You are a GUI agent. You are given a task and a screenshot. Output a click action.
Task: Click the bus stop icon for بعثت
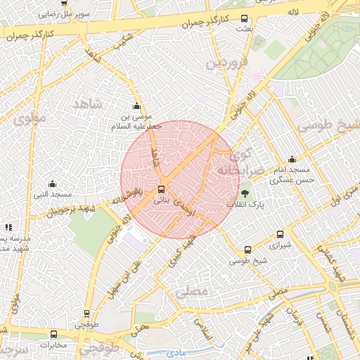tap(244, 19)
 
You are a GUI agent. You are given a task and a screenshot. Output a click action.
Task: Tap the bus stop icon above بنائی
tap(162, 189)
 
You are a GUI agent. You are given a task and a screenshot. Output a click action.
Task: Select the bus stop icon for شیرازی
tap(281, 235)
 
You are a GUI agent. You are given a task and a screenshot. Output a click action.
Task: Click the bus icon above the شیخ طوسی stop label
tap(247, 250)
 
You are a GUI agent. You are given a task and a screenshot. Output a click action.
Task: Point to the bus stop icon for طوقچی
tap(87, 314)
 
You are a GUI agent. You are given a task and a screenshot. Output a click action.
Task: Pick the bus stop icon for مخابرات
tap(53, 334)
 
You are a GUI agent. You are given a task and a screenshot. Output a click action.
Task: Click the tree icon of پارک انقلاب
tap(245, 193)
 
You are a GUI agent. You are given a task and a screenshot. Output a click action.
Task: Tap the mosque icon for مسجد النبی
tap(51, 184)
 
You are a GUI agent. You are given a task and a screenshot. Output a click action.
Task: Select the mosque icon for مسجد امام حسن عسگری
tap(292, 160)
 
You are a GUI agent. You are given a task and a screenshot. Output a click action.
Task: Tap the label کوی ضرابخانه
tap(240, 162)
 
